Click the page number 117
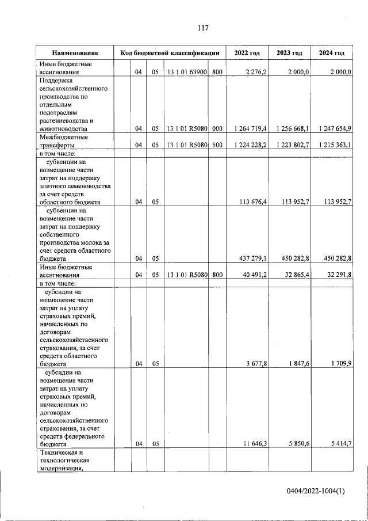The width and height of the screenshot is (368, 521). [202, 28]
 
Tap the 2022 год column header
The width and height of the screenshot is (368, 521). [247, 53]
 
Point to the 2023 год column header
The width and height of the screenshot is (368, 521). [289, 53]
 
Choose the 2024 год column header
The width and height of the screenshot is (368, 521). [332, 53]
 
